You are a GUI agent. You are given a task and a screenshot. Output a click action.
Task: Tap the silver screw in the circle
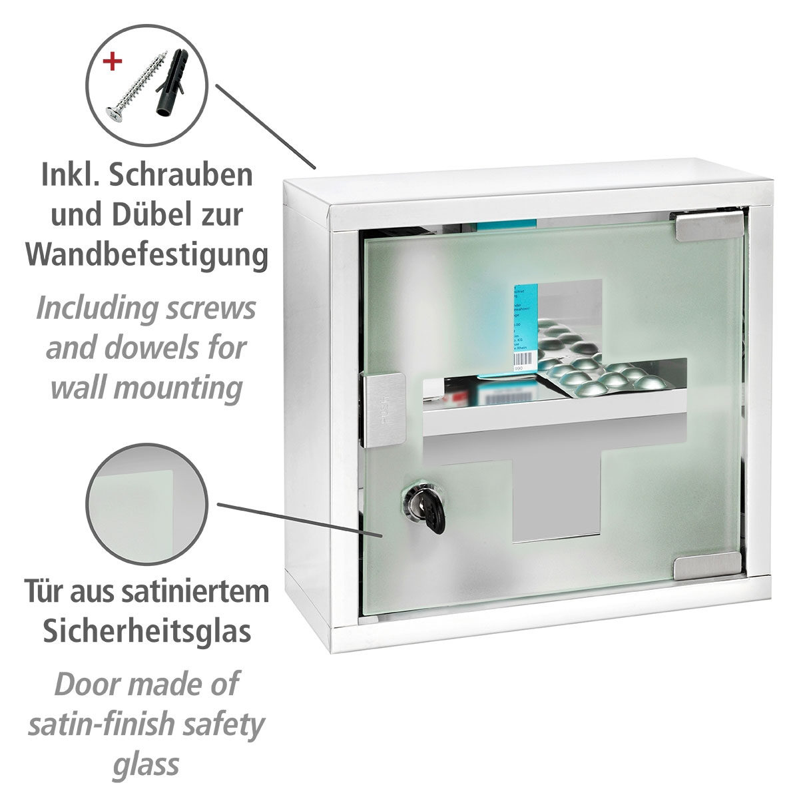click(x=136, y=83)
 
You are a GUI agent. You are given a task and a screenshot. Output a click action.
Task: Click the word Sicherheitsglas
click(x=146, y=631)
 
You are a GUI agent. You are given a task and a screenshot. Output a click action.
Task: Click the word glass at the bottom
click(x=146, y=764)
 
